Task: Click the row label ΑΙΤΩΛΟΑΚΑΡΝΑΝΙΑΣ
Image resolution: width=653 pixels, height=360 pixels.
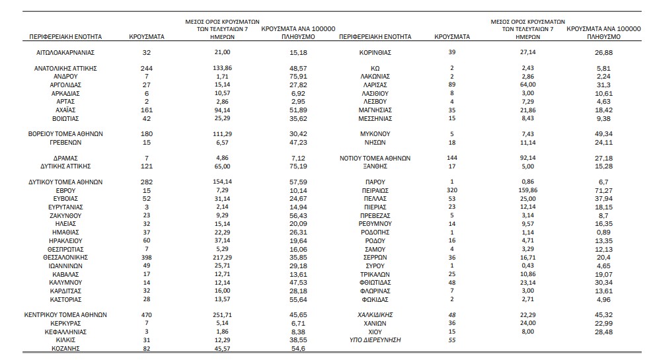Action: pyautogui.click(x=65, y=52)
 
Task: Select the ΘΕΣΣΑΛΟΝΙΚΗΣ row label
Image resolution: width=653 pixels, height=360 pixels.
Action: pyautogui.click(x=65, y=258)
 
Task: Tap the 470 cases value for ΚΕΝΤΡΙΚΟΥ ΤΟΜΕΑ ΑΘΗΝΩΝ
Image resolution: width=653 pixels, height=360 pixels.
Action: pyautogui.click(x=147, y=315)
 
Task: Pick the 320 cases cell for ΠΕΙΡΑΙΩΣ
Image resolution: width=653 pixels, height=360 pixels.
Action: pyautogui.click(x=452, y=190)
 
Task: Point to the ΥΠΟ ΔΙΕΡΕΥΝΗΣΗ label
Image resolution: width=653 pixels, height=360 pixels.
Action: pyautogui.click(x=375, y=340)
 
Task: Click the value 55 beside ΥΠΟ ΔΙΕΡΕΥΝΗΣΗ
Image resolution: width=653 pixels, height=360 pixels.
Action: pyautogui.click(x=452, y=340)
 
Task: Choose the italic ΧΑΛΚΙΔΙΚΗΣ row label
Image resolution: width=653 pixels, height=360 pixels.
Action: pyautogui.click(x=375, y=315)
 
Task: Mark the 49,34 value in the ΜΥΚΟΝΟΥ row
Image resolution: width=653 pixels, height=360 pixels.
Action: pyautogui.click(x=603, y=134)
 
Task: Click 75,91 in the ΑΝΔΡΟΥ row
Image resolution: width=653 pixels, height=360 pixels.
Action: pyautogui.click(x=298, y=77)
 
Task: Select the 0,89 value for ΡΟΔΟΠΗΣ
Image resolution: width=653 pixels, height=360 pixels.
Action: pyautogui.click(x=603, y=233)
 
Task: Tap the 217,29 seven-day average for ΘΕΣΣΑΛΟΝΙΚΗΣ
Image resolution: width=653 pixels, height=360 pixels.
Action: pyautogui.click(x=222, y=258)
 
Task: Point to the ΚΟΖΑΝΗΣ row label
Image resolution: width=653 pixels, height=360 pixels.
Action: pyautogui.click(x=65, y=349)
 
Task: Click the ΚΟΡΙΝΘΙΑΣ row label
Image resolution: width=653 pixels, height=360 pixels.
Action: pyautogui.click(x=375, y=52)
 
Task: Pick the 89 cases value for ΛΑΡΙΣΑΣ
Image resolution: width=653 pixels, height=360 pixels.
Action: pyautogui.click(x=452, y=85)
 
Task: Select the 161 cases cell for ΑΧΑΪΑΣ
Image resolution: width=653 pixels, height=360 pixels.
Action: pyautogui.click(x=147, y=110)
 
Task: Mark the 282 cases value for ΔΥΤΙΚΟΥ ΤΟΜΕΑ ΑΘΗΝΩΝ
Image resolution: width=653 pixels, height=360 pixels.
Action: pyautogui.click(x=147, y=182)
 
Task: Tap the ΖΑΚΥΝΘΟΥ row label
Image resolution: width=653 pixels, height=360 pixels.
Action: pyautogui.click(x=65, y=215)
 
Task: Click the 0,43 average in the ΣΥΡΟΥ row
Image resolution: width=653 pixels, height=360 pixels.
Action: pyautogui.click(x=527, y=266)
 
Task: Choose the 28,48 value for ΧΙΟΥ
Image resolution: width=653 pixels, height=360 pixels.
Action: pyautogui.click(x=603, y=332)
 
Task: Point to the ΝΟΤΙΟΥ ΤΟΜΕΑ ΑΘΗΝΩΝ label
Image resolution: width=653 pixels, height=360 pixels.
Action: pyautogui.click(x=375, y=158)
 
